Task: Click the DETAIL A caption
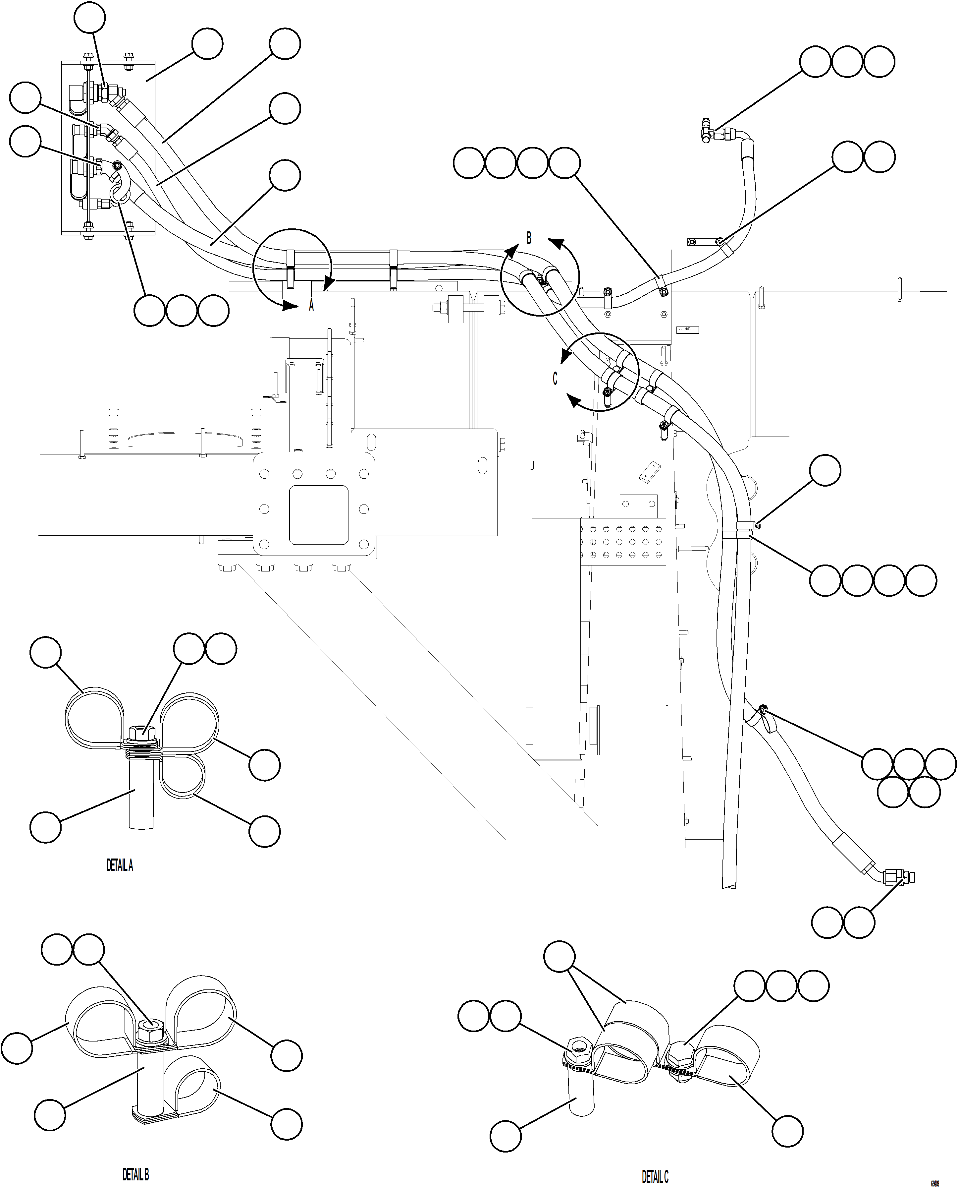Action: [x=120, y=865]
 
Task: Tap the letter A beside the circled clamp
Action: [x=311, y=305]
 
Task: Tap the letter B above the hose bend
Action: [x=529, y=238]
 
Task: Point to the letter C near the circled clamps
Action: [x=555, y=379]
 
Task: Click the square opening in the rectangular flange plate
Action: [x=318, y=514]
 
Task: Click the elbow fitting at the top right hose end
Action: [x=708, y=131]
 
